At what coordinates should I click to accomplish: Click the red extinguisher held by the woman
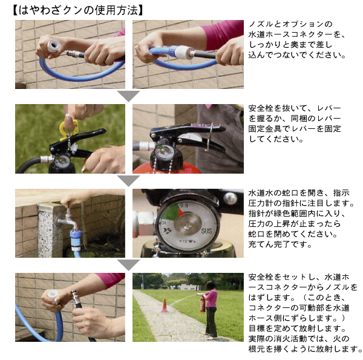click(x=203, y=303)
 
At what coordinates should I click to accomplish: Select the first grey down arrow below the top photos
click(x=128, y=96)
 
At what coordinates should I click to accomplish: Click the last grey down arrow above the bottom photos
click(x=128, y=264)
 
